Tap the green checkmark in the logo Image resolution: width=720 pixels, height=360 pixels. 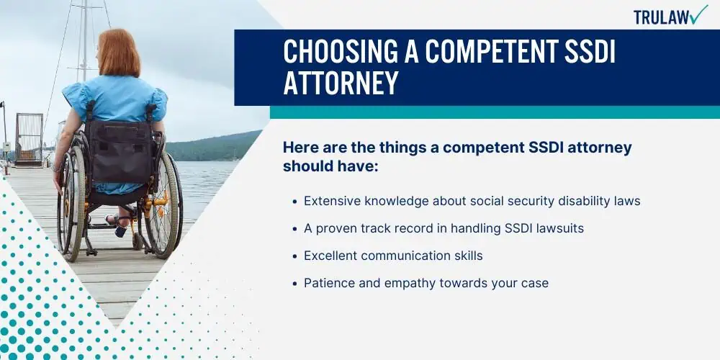pos(699,14)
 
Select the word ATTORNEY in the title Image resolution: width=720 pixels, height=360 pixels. pos(341,83)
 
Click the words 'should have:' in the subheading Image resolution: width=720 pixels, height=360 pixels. pos(330,166)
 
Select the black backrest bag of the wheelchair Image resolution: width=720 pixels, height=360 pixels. pos(120,150)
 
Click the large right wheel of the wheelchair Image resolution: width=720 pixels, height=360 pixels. pos(161,207)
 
